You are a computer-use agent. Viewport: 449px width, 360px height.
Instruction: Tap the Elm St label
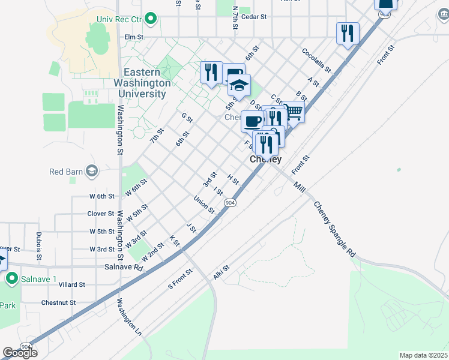click(133, 37)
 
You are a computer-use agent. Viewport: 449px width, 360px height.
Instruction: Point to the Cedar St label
click(254, 17)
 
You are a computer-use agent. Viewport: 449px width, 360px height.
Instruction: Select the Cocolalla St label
click(316, 61)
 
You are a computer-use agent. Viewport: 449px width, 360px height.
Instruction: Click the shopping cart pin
click(293, 112)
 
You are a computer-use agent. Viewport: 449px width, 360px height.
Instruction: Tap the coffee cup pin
click(252, 122)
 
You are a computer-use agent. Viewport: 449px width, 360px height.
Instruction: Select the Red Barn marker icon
click(91, 172)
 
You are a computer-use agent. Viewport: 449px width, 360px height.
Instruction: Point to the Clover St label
click(100, 214)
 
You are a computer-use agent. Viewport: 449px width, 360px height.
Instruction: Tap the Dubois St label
click(38, 247)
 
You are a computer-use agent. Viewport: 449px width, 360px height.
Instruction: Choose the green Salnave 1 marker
click(11, 278)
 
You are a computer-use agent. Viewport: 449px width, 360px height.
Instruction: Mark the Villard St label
click(72, 285)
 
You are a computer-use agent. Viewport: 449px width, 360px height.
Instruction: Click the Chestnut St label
click(58, 303)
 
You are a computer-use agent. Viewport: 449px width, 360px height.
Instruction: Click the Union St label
click(204, 205)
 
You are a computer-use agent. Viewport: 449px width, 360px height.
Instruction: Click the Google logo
click(20, 352)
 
